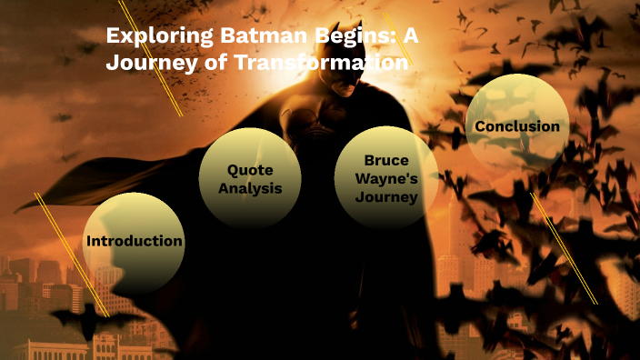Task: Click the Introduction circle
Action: tap(134, 242)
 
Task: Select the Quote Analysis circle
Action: tap(250, 178)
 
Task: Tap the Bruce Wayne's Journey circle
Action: tap(386, 177)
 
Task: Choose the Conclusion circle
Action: tap(517, 125)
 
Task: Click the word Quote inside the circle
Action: tap(250, 170)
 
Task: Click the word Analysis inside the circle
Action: tap(250, 189)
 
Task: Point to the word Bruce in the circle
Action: tap(386, 160)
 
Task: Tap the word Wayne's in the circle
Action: tap(386, 178)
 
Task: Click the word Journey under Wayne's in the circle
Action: tap(386, 196)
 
